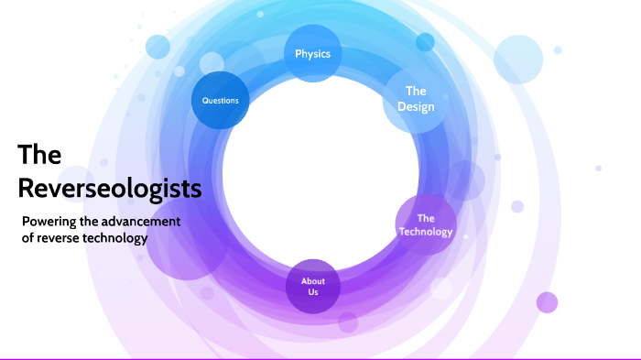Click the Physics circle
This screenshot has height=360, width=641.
click(x=312, y=53)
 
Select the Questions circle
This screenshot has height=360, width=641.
click(x=221, y=100)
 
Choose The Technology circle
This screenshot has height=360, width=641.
click(x=426, y=224)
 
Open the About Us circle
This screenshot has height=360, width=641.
click(x=313, y=285)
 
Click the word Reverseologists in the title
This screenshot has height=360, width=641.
click(x=110, y=188)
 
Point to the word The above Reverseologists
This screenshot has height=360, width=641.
click(x=39, y=154)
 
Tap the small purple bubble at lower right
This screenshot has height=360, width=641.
click(x=547, y=302)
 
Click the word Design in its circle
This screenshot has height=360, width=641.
click(x=416, y=107)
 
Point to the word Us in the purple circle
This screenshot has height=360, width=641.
click(x=313, y=291)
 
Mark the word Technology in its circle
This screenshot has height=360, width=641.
click(x=426, y=232)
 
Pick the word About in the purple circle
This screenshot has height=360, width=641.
click(x=313, y=279)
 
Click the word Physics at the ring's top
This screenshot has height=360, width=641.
click(x=312, y=53)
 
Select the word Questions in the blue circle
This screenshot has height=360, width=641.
click(x=221, y=100)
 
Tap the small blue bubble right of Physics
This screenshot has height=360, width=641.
click(x=425, y=42)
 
